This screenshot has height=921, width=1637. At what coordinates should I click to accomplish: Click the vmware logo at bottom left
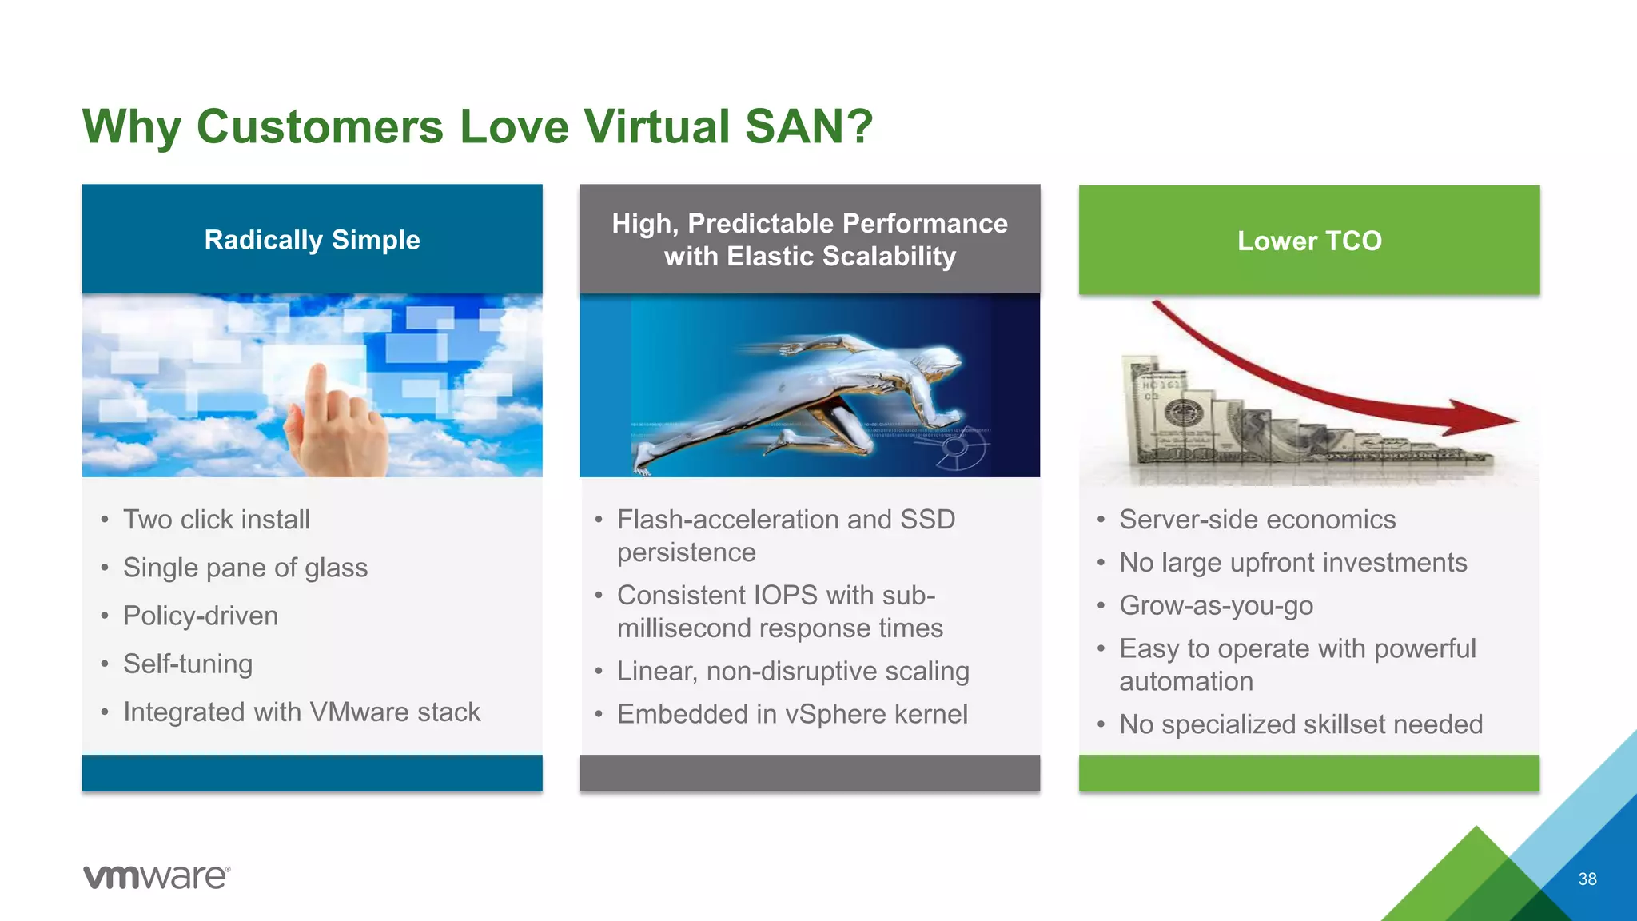pyautogui.click(x=157, y=877)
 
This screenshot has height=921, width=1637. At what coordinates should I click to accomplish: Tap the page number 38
pyautogui.click(x=1587, y=879)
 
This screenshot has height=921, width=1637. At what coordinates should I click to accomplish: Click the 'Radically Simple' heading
pyautogui.click(x=312, y=240)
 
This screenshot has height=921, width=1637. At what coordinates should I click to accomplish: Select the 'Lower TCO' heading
pyautogui.click(x=1308, y=241)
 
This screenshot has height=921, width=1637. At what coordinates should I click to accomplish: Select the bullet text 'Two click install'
pyautogui.click(x=216, y=520)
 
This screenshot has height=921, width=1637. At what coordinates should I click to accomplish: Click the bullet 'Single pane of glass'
pyautogui.click(x=245, y=568)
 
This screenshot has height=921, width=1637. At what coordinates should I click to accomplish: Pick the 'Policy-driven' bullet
pyautogui.click(x=200, y=616)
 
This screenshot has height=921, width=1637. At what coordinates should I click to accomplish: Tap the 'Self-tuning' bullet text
pyautogui.click(x=187, y=664)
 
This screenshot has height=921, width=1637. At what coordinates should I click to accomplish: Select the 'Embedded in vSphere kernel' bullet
pyautogui.click(x=791, y=714)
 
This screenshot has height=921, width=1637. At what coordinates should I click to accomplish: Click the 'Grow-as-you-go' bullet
pyautogui.click(x=1216, y=605)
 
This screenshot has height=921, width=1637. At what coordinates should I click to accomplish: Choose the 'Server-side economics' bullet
pyautogui.click(x=1257, y=520)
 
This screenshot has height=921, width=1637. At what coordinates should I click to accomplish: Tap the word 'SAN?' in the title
pyautogui.click(x=809, y=126)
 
